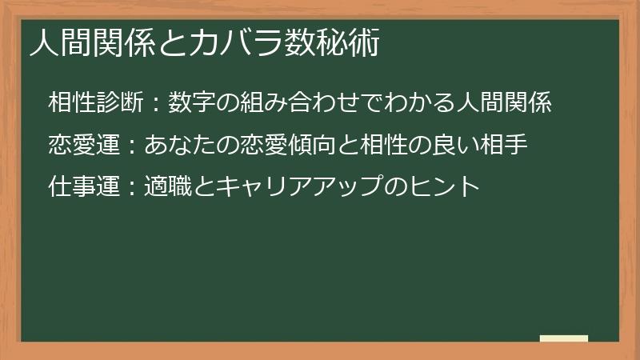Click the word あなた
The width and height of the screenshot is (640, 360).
(178, 146)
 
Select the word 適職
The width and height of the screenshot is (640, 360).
(166, 188)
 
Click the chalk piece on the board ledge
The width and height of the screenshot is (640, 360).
(563, 338)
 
